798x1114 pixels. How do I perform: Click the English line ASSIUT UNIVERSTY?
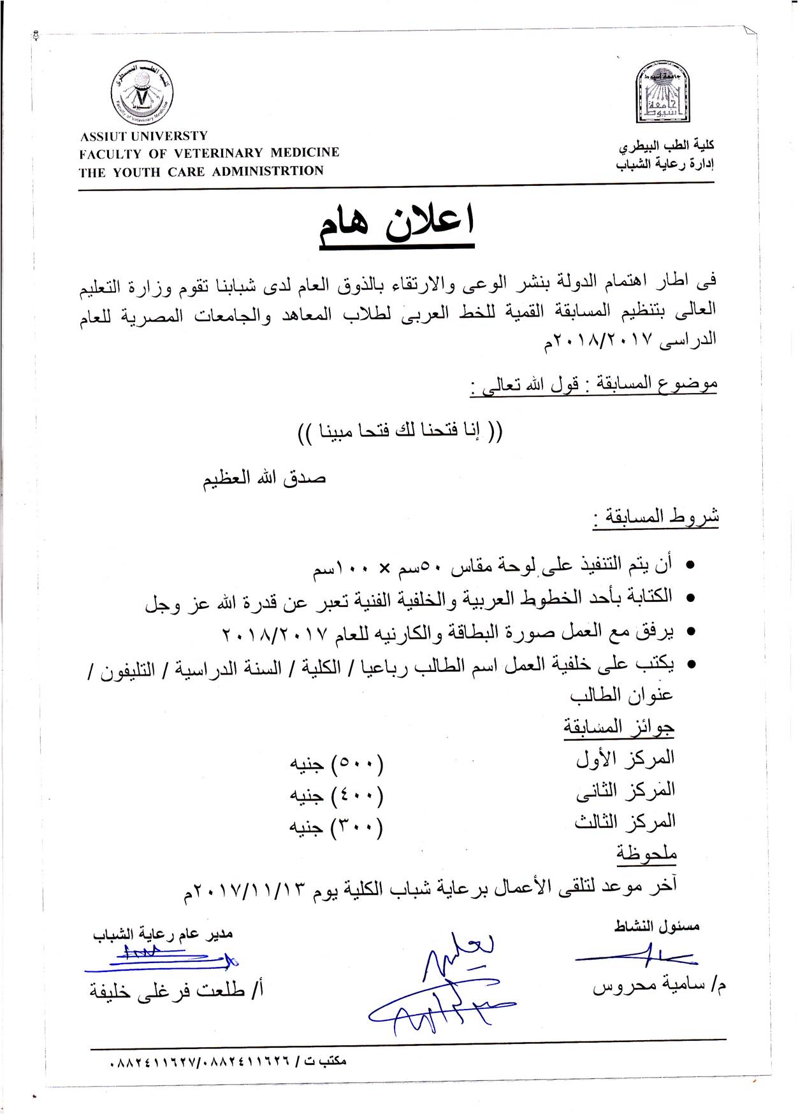coord(143,136)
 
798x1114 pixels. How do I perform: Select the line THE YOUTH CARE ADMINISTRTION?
coord(201,171)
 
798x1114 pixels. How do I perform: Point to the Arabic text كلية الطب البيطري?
coord(666,146)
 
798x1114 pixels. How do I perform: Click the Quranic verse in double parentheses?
coord(400,432)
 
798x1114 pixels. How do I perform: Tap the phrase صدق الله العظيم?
coord(265,478)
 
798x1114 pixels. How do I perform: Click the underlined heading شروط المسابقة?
coord(657,517)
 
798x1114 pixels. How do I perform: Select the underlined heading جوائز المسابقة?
coord(619,727)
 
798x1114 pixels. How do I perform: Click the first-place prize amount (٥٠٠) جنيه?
coord(337,763)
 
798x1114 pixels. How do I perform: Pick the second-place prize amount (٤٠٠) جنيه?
coord(337,795)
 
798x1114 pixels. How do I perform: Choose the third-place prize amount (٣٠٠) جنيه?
coord(337,827)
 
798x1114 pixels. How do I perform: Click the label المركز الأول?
coord(625,759)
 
